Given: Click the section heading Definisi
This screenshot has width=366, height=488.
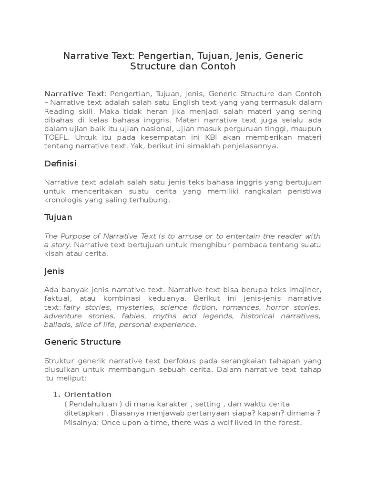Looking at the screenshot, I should tap(60, 164).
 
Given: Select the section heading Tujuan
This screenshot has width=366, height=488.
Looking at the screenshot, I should tap(58, 217).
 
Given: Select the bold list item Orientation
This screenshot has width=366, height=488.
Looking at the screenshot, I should tap(88, 394).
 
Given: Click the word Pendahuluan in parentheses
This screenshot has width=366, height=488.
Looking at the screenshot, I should tap(92, 404).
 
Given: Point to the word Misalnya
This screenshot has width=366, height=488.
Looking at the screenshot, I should tap(80, 423).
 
